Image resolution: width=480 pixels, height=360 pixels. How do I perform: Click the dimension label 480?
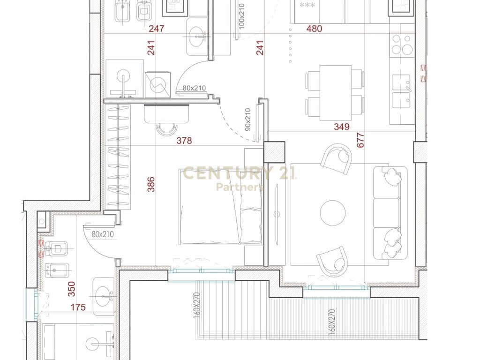[x=314, y=29]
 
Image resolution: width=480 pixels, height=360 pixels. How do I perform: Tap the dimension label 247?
[x=156, y=29]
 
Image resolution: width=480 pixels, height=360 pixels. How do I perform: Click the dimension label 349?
[x=341, y=127]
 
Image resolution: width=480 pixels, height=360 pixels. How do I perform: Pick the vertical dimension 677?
[x=360, y=140]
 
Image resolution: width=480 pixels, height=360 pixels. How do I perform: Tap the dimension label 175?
[x=78, y=307]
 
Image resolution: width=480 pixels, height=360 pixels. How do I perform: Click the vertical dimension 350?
[x=71, y=289]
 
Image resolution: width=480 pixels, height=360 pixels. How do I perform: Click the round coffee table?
[x=333, y=212]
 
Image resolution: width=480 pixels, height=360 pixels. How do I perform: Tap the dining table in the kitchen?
[x=335, y=93]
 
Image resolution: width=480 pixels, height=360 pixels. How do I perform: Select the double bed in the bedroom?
[x=220, y=207]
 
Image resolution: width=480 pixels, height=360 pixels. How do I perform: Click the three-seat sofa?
[x=390, y=212]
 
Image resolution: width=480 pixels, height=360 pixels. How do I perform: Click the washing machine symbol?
[x=157, y=84]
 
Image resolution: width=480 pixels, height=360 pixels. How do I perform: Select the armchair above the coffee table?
[x=337, y=158]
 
